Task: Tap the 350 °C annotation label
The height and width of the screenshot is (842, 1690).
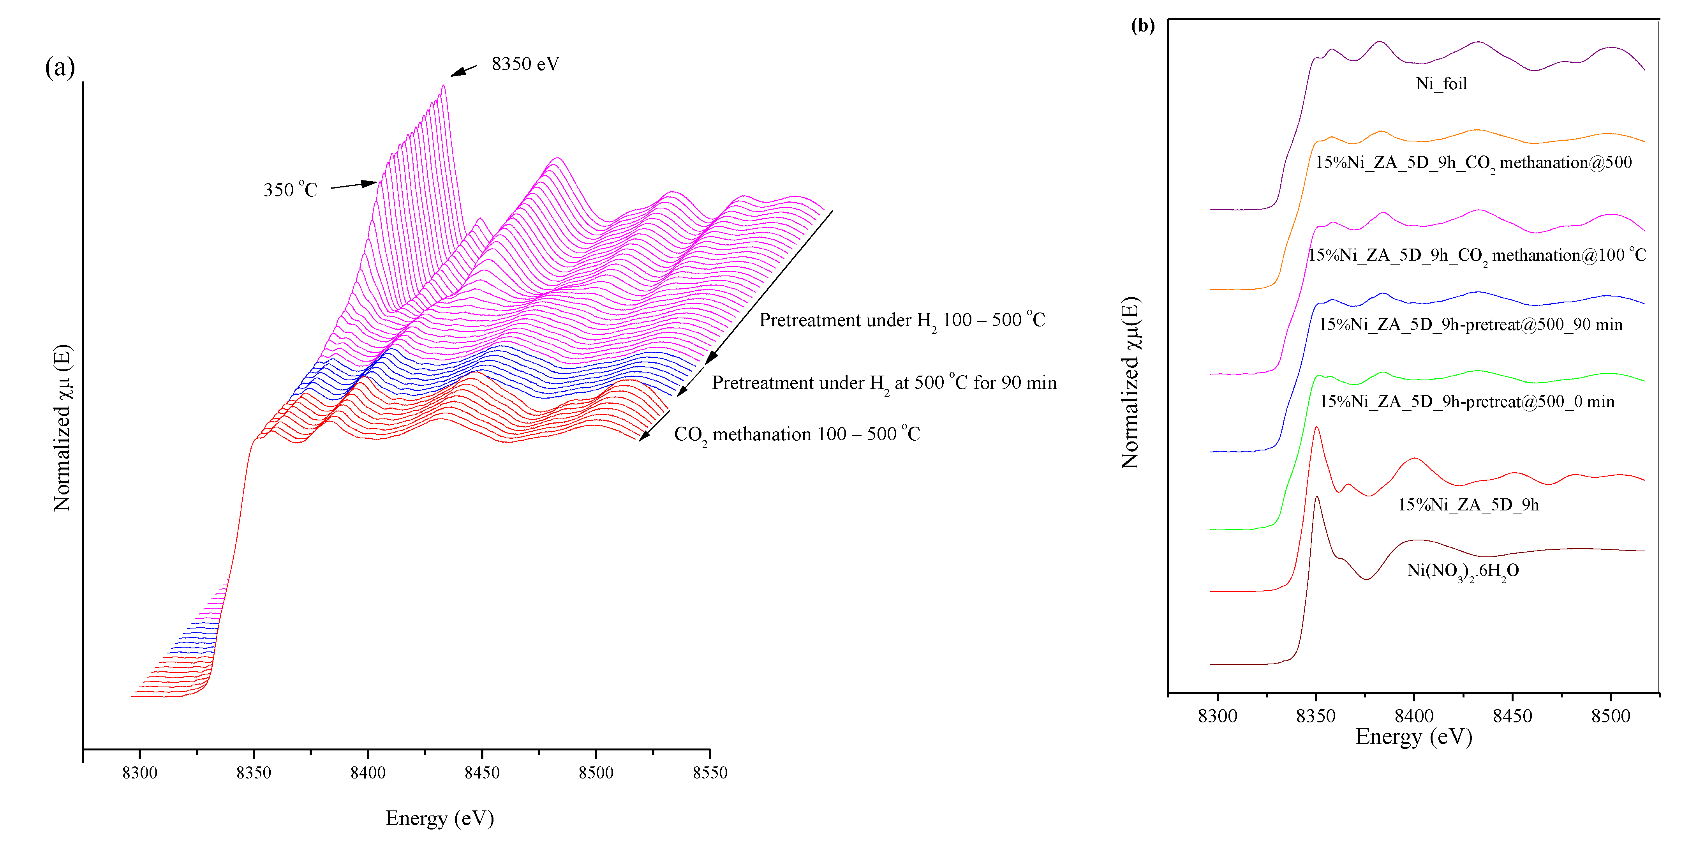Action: click(290, 190)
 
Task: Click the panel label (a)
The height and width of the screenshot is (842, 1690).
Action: click(60, 67)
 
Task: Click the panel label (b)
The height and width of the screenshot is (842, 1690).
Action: click(1142, 26)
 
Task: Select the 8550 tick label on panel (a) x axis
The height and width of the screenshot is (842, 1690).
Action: click(710, 772)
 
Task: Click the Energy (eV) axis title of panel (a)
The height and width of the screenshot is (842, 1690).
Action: click(440, 818)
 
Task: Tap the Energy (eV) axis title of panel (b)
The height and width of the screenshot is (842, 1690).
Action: click(1414, 736)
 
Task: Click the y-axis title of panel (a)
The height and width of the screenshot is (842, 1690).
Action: click(62, 428)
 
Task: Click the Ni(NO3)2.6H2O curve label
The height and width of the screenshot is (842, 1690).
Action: click(1463, 571)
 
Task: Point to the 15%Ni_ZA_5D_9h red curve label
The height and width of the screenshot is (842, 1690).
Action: click(1468, 504)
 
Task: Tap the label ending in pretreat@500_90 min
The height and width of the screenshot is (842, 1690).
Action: click(1470, 324)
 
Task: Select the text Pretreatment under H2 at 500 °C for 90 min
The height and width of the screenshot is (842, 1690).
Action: click(884, 383)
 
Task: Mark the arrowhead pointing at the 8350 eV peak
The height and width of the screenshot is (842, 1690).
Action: click(455, 74)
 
